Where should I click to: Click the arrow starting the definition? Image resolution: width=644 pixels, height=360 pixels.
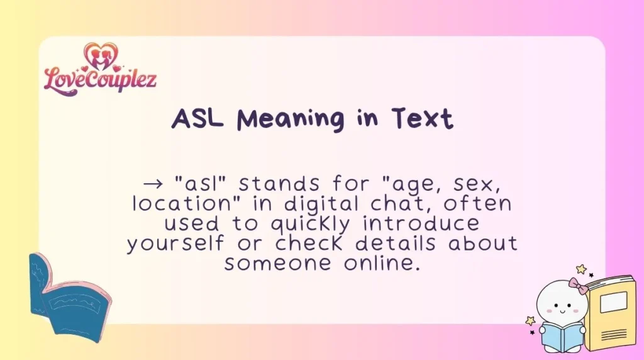[x=153, y=184]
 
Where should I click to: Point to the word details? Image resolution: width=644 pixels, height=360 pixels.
[x=397, y=244]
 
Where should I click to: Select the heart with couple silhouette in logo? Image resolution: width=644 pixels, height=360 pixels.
[x=100, y=55]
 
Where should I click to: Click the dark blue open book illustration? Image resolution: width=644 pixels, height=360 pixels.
[x=66, y=296]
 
